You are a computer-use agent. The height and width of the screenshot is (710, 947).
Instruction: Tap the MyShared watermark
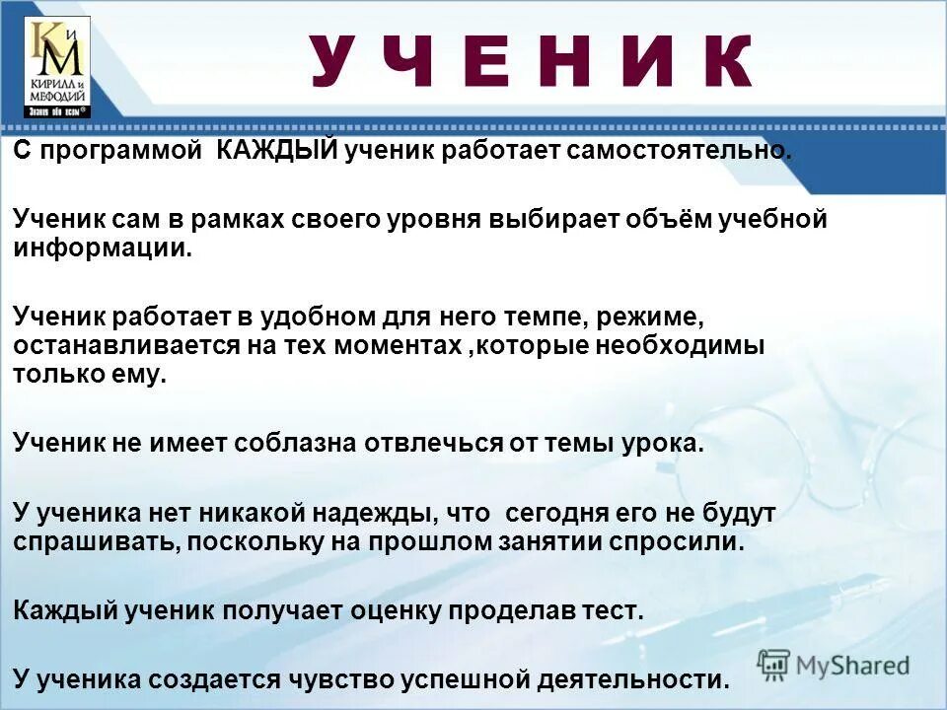pyautogui.click(x=834, y=664)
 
